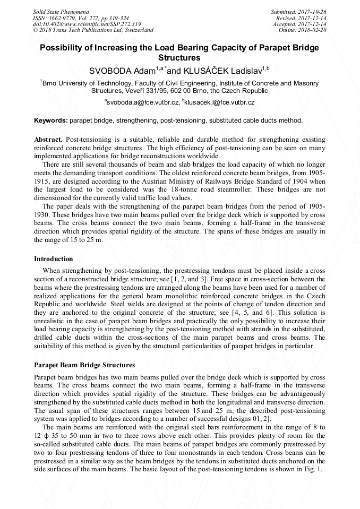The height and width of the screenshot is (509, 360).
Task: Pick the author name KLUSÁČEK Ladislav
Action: click(x=219, y=70)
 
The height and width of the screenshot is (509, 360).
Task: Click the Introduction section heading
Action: click(x=53, y=259)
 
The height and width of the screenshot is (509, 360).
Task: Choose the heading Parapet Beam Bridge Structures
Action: click(x=84, y=365)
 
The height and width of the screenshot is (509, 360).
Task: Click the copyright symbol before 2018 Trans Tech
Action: click(x=35, y=30)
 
